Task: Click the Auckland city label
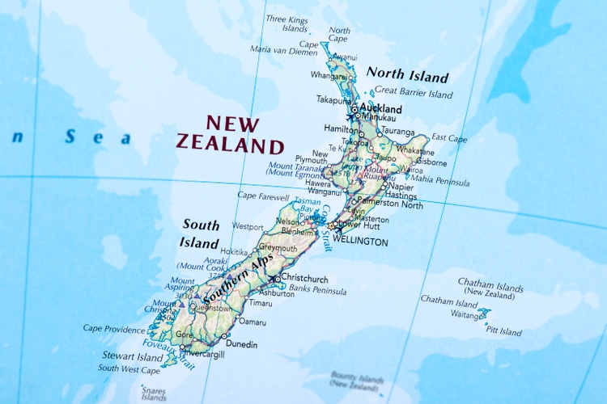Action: tap(380, 108)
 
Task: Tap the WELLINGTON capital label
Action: tap(362, 242)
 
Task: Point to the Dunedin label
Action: tap(240, 344)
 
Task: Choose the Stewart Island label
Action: tap(131, 356)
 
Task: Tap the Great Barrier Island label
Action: tap(414, 94)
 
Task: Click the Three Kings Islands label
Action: tap(287, 23)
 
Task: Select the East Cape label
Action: tap(449, 138)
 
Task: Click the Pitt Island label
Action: tap(503, 331)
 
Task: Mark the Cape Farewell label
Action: tap(263, 195)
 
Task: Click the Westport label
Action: tap(248, 226)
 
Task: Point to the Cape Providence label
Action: tap(114, 328)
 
